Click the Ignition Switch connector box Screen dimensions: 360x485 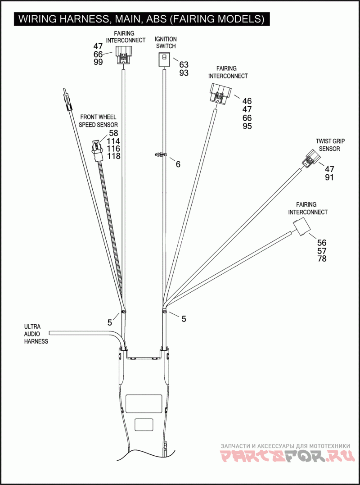point(164,60)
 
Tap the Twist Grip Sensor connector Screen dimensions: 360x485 point(310,159)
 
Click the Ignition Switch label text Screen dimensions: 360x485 point(166,43)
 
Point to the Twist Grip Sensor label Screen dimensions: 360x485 point(330,145)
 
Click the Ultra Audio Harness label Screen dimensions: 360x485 point(36,334)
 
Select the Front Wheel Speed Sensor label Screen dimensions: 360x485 point(98,121)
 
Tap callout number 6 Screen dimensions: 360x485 point(178,164)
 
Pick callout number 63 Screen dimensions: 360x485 point(184,65)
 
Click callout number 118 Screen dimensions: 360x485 point(113,156)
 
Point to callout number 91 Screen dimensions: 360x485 point(329,177)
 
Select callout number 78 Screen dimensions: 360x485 point(322,259)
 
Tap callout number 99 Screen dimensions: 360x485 point(98,62)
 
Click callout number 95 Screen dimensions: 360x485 point(247,126)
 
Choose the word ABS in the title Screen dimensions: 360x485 point(154,19)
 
